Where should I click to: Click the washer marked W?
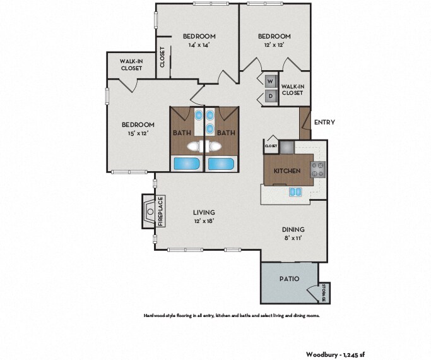click(x=271, y=81)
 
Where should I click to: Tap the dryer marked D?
click(x=271, y=96)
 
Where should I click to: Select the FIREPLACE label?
click(x=161, y=211)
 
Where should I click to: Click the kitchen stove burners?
click(x=318, y=169)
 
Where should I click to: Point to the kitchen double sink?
click(x=295, y=192)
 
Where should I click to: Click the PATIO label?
click(x=289, y=279)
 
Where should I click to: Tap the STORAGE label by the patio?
click(x=324, y=292)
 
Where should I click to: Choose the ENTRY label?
click(x=324, y=122)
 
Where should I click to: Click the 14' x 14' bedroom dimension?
click(x=199, y=45)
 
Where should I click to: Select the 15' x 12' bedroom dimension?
click(x=138, y=133)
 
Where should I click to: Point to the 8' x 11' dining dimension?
click(x=293, y=238)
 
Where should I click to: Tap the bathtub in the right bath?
click(x=221, y=164)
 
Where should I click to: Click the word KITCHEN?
click(x=287, y=171)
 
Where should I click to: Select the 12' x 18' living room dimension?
click(x=204, y=221)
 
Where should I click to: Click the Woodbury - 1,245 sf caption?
click(x=335, y=354)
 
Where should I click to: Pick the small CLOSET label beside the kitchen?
click(x=271, y=146)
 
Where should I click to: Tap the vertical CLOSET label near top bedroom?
click(x=162, y=57)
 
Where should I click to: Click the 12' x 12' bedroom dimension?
click(x=274, y=45)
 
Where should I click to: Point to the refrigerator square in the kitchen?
click(x=287, y=147)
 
